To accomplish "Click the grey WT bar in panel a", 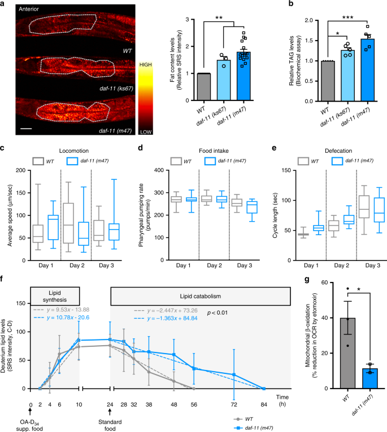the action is pos(204,87).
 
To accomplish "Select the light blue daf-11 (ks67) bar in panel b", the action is pos(348,76).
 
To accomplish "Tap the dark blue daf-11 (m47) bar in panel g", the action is pos(370,378).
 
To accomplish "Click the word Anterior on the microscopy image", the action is pos(29,9).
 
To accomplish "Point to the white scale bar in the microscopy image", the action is pos(26,128).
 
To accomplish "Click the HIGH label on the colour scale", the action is pos(145,65).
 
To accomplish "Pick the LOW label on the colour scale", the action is pos(145,132).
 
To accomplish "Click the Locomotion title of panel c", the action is pos(73,151).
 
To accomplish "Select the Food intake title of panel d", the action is pos(214,151).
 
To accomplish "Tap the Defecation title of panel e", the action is pos(338,151).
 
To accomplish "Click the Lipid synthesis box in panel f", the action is pos(55,296).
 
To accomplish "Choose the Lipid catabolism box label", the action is pos(201,297).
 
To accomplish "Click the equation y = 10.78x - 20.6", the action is pos(68,318).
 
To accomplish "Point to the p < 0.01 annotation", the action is pos(218,312).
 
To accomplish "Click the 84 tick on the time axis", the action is pos(264,405).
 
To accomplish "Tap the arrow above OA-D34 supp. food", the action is pos(30,412).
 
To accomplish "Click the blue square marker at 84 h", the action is pos(264,389).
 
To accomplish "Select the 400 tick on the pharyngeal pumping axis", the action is pos(159,170).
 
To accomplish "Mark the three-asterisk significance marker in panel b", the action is pos(347,18).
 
